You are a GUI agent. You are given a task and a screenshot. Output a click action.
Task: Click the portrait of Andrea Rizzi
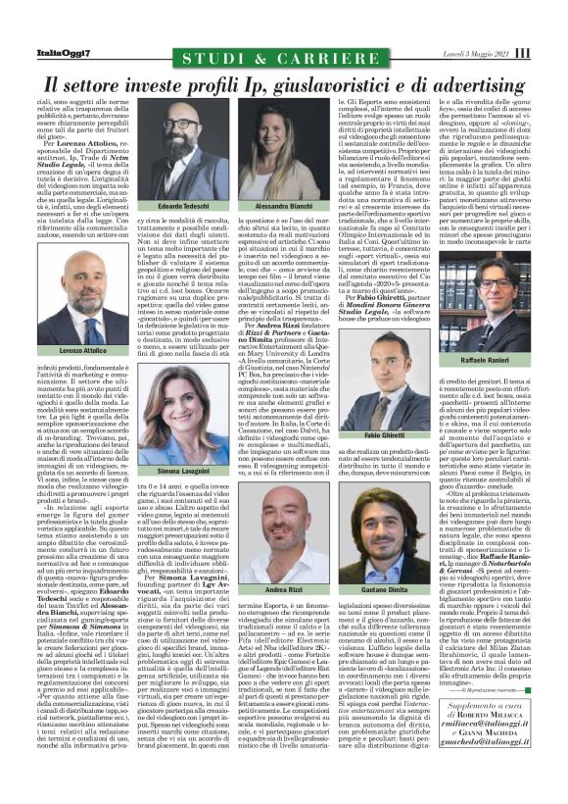tap(284, 550)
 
